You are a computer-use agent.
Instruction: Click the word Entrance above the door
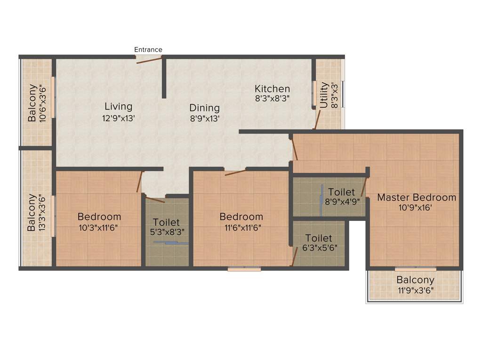click(148, 50)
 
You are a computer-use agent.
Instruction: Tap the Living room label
click(118, 106)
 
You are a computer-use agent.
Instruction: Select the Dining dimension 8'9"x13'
click(205, 119)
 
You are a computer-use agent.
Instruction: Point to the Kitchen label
click(272, 89)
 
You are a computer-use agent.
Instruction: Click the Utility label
click(324, 95)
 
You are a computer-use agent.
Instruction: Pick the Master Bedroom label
click(417, 197)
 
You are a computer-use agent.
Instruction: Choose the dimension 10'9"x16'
click(417, 208)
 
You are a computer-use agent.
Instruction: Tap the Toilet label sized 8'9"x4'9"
click(341, 192)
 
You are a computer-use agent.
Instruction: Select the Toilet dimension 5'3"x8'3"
click(166, 232)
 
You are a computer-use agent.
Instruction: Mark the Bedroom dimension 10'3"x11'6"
click(99, 228)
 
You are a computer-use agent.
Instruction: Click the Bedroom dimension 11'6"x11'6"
click(241, 228)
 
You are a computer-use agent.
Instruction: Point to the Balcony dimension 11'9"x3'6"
click(415, 290)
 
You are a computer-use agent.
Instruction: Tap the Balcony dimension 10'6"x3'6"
click(44, 103)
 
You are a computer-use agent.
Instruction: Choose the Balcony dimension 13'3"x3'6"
click(43, 212)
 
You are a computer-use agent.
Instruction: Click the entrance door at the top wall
click(149, 58)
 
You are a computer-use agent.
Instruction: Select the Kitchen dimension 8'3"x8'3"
click(272, 99)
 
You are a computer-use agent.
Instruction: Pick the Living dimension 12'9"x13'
click(119, 118)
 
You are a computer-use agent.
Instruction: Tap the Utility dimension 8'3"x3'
click(335, 95)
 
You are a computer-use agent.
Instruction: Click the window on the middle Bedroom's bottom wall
click(244, 269)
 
